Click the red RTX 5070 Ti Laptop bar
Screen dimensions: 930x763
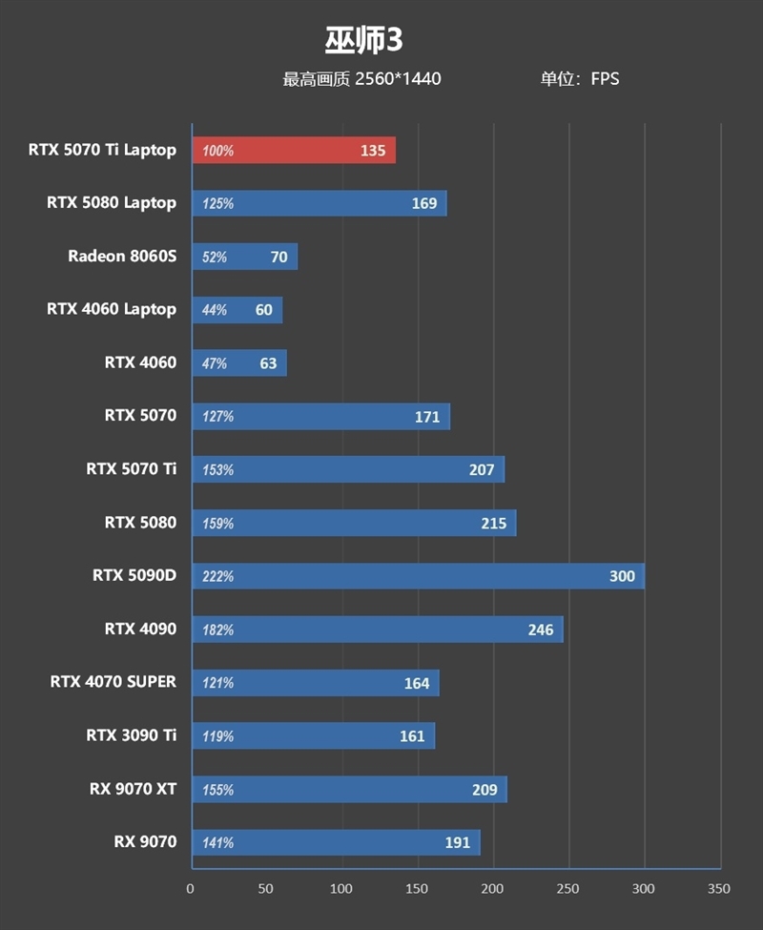tap(294, 151)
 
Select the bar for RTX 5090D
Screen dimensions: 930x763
tap(418, 576)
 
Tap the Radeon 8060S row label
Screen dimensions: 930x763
tap(122, 256)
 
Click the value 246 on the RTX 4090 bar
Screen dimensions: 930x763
tap(541, 630)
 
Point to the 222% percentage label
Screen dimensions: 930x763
tap(217, 577)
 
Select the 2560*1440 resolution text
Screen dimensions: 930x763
tap(398, 79)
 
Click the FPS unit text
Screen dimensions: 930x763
tap(605, 79)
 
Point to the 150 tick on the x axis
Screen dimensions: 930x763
tap(416, 889)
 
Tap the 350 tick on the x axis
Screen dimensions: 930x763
tap(718, 889)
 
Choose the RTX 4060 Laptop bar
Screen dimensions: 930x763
tap(237, 310)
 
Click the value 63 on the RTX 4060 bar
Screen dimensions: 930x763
tap(267, 363)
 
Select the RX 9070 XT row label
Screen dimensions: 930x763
tap(134, 789)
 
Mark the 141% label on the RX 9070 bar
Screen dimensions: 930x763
tap(217, 843)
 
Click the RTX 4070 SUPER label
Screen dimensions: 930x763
tap(113, 682)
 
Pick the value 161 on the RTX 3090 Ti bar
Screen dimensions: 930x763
tap(411, 736)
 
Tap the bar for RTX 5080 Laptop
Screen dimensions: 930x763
tap(319, 203)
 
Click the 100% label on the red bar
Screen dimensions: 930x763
tap(217, 151)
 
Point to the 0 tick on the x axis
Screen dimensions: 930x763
tap(191, 889)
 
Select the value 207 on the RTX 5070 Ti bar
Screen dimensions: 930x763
tap(482, 469)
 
